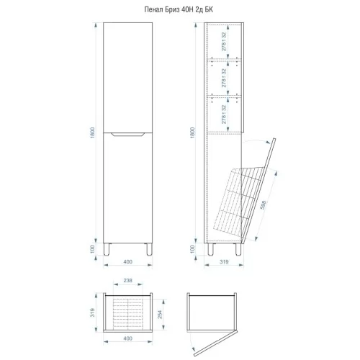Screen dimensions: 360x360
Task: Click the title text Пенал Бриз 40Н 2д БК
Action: [x=179, y=9]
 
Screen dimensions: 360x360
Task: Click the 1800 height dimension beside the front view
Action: [x=93, y=132]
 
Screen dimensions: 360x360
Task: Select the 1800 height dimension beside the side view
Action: [x=192, y=132]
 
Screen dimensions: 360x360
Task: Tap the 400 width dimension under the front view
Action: [x=127, y=261]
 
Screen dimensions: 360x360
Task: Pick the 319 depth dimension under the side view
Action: [x=224, y=261]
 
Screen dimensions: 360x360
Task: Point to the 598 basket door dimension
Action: [x=263, y=205]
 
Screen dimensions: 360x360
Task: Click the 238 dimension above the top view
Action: [x=127, y=280]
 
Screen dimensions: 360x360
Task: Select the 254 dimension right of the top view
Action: [x=160, y=315]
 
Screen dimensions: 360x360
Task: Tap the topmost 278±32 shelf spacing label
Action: [x=224, y=42]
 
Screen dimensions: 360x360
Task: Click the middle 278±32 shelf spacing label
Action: [x=224, y=78]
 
